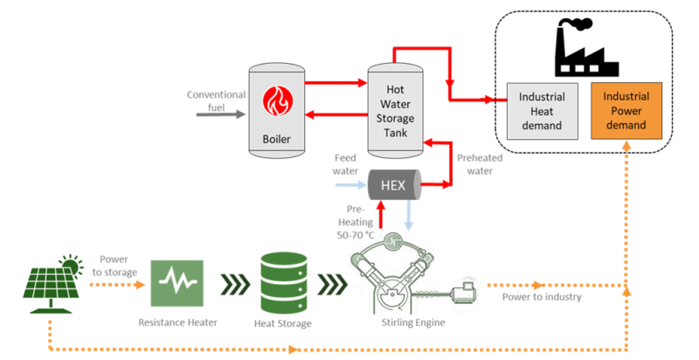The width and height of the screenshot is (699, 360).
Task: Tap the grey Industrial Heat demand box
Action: tap(542, 111)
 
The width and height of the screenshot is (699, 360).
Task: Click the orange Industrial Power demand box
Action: tap(625, 111)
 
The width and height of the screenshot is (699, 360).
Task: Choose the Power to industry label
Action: tap(543, 298)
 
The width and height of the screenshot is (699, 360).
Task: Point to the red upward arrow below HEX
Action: tap(380, 213)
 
